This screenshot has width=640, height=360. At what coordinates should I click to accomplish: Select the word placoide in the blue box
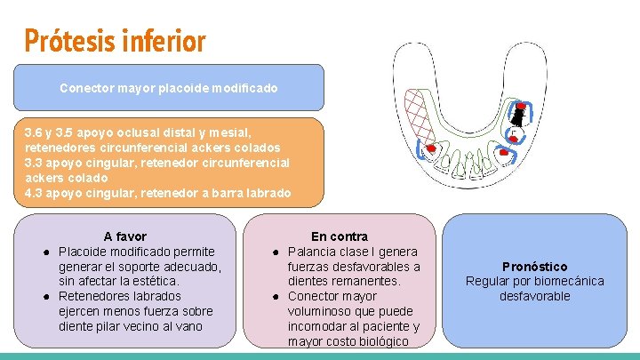(180, 88)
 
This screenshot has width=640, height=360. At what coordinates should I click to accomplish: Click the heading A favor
(125, 236)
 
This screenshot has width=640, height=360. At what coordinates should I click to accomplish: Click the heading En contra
(339, 236)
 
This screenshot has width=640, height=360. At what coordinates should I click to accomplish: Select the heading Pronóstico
(534, 266)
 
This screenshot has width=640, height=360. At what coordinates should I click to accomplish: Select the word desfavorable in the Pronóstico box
(534, 296)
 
